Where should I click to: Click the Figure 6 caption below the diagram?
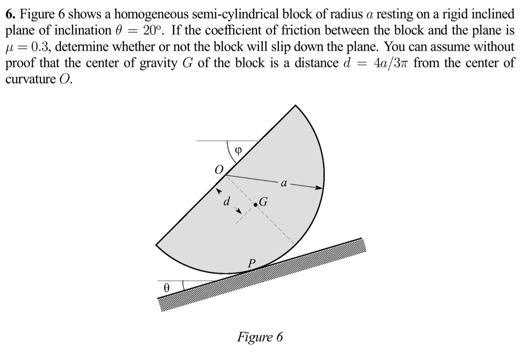pos(259,337)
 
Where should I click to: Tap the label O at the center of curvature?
pos(219,170)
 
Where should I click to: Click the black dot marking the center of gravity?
pos(255,205)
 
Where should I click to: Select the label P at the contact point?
pos(250,263)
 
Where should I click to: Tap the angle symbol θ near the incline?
pos(166,288)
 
